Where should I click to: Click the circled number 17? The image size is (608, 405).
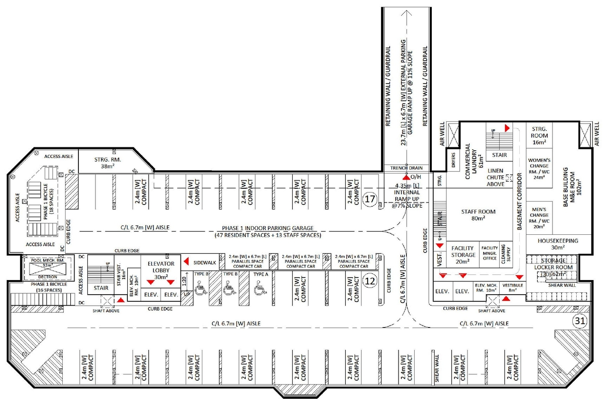(x=370, y=199)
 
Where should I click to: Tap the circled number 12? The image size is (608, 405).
(x=370, y=281)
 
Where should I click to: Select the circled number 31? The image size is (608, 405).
(x=579, y=321)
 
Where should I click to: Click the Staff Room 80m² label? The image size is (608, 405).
(x=478, y=215)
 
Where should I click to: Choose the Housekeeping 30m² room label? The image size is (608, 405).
(x=558, y=244)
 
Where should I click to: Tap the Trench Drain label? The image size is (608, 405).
(x=406, y=168)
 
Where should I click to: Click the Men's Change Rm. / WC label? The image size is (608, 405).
(x=539, y=218)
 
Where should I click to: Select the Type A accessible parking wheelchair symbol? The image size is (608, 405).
(x=260, y=288)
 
